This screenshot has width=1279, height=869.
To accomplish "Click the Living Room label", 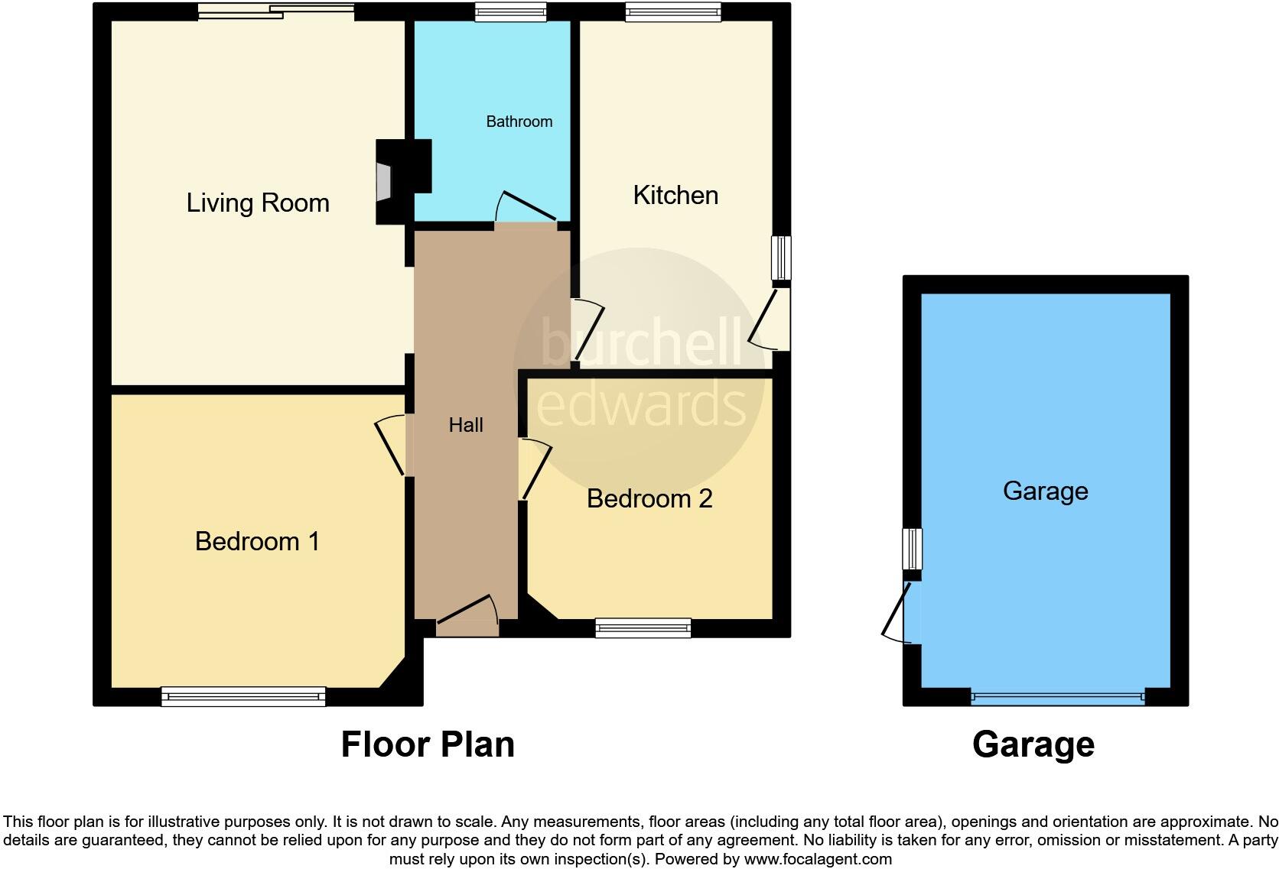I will [258, 203].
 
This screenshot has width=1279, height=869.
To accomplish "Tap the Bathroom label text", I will [519, 122].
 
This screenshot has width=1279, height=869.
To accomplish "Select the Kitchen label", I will [675, 195].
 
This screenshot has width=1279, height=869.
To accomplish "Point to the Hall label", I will [465, 425].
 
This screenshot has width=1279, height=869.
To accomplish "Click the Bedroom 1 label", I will [257, 541].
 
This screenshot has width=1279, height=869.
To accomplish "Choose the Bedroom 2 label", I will [649, 498].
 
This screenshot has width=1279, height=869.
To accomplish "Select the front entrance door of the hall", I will [467, 618].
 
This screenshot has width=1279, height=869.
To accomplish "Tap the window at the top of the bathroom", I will [510, 11].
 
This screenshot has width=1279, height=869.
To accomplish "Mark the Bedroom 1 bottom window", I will [243, 696].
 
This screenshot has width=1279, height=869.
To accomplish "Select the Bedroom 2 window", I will [643, 628].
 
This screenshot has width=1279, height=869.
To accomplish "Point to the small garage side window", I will [912, 549].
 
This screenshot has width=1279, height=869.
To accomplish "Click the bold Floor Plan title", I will [428, 744].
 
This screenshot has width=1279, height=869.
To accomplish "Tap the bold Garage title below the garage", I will [1033, 744].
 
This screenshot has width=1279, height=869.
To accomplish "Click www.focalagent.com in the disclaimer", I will [817, 859].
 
